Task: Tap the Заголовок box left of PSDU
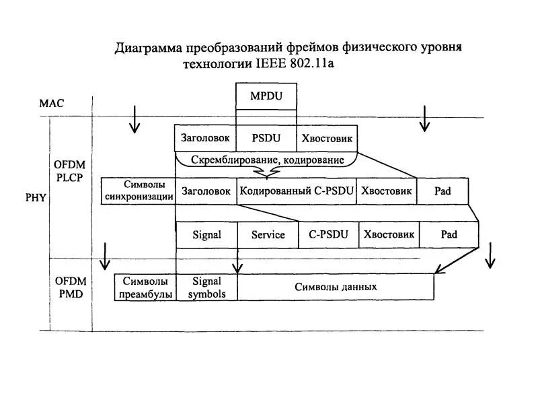(205, 138)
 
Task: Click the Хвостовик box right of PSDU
(327, 138)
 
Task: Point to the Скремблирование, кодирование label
(268, 160)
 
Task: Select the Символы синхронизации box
(139, 191)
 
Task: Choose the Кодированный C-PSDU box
(297, 191)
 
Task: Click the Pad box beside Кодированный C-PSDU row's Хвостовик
(443, 191)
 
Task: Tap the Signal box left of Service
(206, 235)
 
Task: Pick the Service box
(268, 235)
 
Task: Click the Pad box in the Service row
(449, 235)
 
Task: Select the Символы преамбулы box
(145, 288)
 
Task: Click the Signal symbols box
(207, 288)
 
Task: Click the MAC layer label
(51, 104)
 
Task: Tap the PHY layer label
(36, 198)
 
